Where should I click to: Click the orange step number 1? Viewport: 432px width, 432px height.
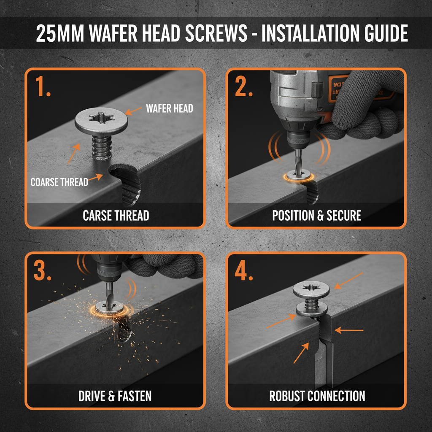[43, 86]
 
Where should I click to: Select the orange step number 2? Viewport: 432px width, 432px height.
[244, 86]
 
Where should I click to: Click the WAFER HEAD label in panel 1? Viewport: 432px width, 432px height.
[169, 108]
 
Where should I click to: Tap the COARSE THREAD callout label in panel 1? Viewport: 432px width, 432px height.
[59, 182]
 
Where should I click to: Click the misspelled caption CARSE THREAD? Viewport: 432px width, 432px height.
[116, 216]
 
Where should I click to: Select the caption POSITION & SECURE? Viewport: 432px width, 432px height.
[316, 216]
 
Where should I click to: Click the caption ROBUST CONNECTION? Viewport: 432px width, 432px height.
[317, 396]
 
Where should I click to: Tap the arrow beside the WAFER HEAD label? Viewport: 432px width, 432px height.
[134, 111]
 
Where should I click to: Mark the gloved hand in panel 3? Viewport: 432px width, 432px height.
[165, 266]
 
